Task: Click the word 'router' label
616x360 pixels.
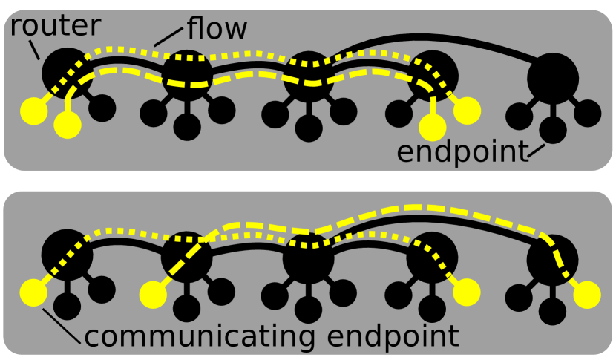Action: [55, 26]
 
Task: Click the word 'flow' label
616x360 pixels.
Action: [217, 30]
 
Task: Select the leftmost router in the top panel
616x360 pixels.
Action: [66, 72]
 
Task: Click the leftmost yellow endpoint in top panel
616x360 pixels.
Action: [33, 111]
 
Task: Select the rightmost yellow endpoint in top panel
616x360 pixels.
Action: [468, 111]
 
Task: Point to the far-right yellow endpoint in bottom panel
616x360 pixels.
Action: [587, 294]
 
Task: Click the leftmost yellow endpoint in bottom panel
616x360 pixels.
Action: [33, 294]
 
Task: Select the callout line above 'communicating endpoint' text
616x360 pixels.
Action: [63, 326]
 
